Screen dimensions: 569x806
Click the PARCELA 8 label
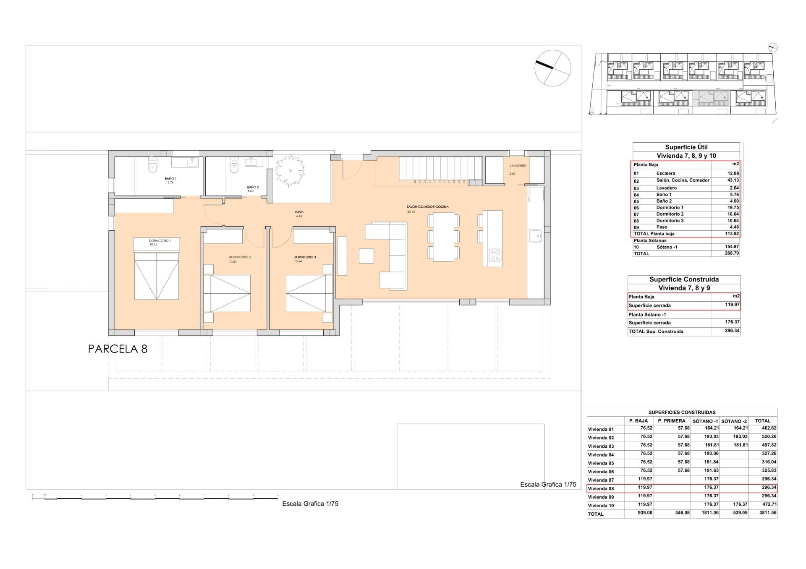pos(118,349)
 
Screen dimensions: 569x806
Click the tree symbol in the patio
pos(290,170)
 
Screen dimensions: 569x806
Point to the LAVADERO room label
pos(518,166)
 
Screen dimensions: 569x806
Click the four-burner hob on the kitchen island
pos(495,255)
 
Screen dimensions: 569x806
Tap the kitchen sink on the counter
pos(535,236)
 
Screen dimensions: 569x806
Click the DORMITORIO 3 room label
pos(304,257)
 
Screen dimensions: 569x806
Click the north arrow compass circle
pos(552,68)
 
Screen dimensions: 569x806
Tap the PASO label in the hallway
pos(299,212)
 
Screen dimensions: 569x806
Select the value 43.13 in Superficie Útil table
pos(733,180)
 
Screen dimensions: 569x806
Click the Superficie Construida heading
pos(684,279)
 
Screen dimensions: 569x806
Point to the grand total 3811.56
pos(768,513)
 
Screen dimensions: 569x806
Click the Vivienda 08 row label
pos(601,488)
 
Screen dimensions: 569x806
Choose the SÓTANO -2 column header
pos(734,421)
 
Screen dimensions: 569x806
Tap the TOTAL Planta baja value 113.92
pos(732,234)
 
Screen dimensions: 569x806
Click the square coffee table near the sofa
pos(366,256)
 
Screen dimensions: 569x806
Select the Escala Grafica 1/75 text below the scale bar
pos(310,504)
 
